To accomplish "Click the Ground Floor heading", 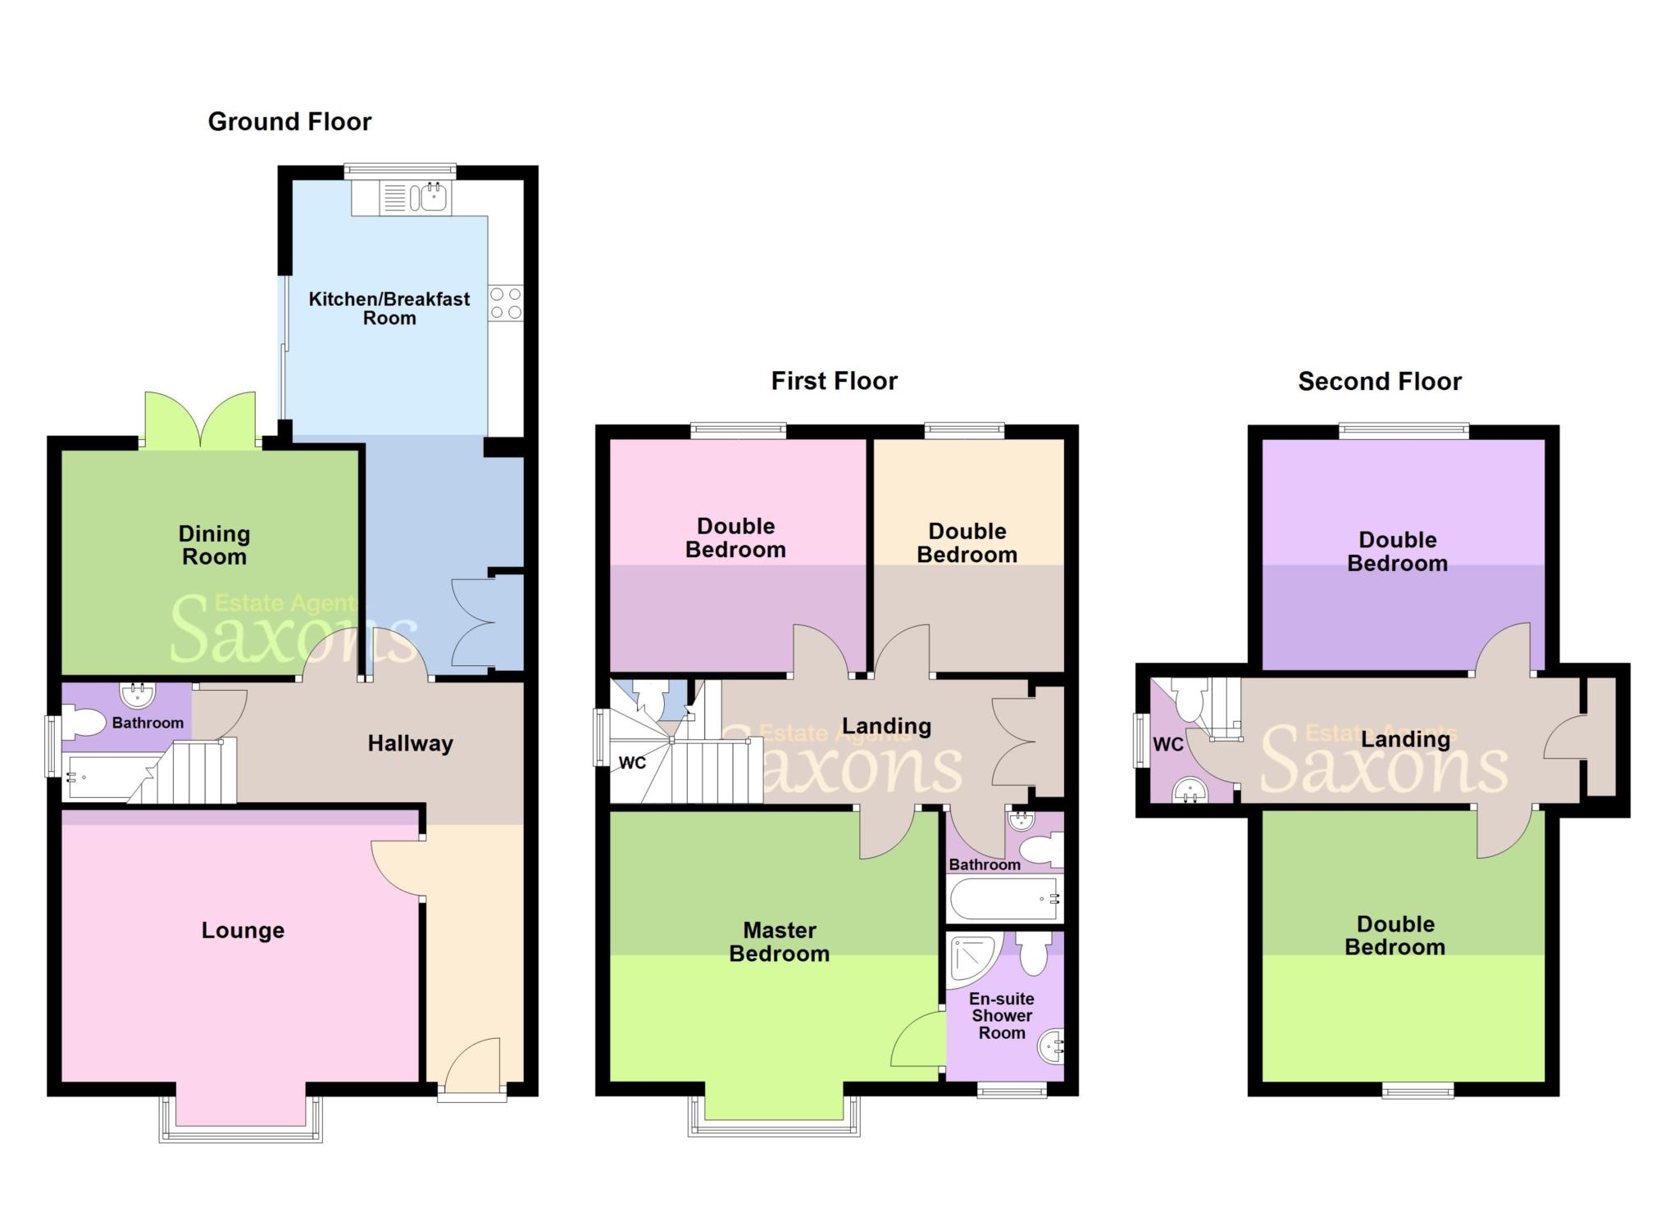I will [289, 122].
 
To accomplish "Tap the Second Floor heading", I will [1379, 382].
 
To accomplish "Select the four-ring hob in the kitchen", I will [506, 303].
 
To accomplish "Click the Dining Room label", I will [214, 546].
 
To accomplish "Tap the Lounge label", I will [243, 931].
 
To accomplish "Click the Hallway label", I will [410, 744].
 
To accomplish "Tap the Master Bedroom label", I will [779, 942].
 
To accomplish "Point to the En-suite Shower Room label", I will [1002, 1016].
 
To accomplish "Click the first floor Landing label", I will [886, 727].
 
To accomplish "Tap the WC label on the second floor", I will [1167, 745].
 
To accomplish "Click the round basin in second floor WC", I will [1190, 791].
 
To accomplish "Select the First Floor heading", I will [834, 382].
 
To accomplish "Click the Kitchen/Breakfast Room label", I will [389, 309].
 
